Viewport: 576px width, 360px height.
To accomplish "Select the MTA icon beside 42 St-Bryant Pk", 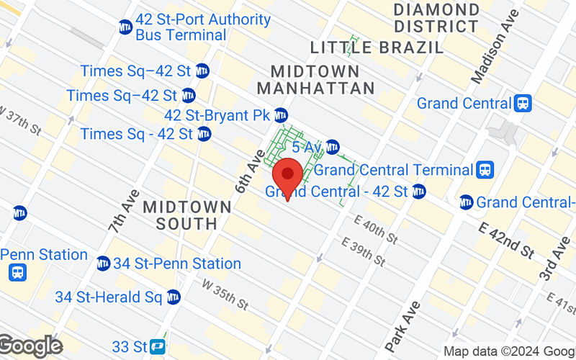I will coord(281,115).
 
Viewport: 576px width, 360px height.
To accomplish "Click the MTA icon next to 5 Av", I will coord(332,148).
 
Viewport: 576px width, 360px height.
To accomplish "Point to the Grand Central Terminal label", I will coord(393,171).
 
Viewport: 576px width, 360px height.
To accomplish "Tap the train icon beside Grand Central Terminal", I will coord(485,171).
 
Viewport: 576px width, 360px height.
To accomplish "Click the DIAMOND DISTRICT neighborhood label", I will coord(436,19).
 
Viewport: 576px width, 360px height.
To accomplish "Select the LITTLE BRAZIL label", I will coord(377,48).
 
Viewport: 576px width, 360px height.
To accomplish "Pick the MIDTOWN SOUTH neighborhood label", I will coord(187,215).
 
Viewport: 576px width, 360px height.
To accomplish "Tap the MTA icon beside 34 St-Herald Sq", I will coord(174,296).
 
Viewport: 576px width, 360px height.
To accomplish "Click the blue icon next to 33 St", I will coord(158,347).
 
